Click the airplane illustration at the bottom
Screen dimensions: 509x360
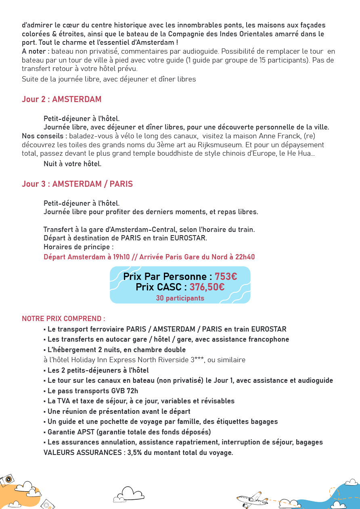pyautogui.click(x=252, y=499)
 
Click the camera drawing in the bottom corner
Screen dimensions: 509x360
pyautogui.click(x=7, y=480)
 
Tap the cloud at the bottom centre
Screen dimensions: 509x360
pyautogui.click(x=128, y=494)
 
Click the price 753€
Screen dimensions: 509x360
pyautogui.click(x=226, y=277)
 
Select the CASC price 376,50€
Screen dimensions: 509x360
pyautogui.click(x=207, y=287)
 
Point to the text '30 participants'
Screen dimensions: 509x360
pyautogui.click(x=180, y=298)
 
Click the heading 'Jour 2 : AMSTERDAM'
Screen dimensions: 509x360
pyautogui.click(x=61, y=99)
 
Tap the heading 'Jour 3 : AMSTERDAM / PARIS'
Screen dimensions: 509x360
pyautogui.click(x=77, y=184)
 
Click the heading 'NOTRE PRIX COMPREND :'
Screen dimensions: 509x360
pyautogui.click(x=63, y=319)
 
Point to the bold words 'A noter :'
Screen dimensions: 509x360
pyautogui.click(x=36, y=51)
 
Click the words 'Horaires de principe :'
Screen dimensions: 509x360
pyautogui.click(x=78, y=247)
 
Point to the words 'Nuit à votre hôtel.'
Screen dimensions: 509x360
pyautogui.click(x=72, y=164)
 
